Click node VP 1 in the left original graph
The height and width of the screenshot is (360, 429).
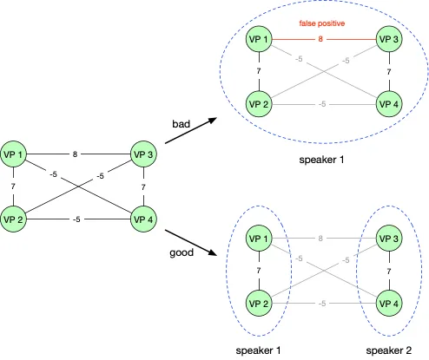(16, 154)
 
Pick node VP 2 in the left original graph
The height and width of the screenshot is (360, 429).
(16, 219)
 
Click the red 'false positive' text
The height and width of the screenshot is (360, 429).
(321, 25)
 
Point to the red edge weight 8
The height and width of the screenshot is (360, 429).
(322, 39)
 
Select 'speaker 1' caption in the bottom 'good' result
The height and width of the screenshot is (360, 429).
(258, 350)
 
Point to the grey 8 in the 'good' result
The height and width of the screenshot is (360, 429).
(322, 238)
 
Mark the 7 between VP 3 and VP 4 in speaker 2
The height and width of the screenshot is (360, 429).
(388, 271)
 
